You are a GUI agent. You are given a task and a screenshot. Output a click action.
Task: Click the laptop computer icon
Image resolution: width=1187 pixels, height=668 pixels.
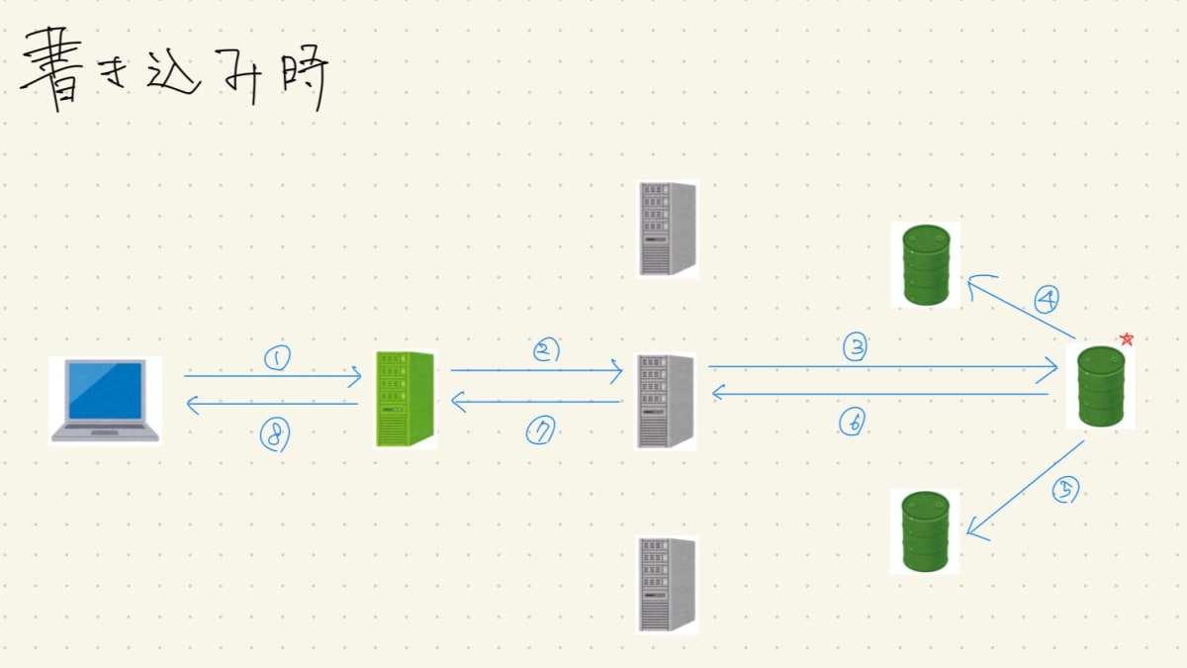(106, 400)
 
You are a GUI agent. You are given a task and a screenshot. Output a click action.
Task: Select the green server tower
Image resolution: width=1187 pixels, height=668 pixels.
(406, 399)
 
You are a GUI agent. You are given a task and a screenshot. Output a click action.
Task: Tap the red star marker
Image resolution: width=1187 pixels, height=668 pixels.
(1126, 339)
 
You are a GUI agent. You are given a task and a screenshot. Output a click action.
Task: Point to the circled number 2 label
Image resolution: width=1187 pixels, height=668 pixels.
(546, 350)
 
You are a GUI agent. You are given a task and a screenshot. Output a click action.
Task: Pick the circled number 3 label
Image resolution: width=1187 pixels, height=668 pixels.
(855, 347)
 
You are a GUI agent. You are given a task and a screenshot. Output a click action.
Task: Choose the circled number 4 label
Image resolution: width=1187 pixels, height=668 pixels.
(1047, 298)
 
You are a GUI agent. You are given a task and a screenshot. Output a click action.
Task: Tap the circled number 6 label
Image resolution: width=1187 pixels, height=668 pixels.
(852, 423)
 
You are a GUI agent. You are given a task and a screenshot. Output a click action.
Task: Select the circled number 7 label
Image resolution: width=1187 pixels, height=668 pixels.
(540, 430)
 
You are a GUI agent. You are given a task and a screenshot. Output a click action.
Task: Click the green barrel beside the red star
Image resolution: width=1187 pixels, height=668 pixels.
(1099, 386)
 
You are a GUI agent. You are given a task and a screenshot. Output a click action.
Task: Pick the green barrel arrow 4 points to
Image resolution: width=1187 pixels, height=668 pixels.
(926, 264)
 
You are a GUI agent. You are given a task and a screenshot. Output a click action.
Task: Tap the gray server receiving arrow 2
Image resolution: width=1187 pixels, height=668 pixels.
(667, 401)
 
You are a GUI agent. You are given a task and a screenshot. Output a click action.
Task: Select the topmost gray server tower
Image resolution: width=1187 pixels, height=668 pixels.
(668, 228)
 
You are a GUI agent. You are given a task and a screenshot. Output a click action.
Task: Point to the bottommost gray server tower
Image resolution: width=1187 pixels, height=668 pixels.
(668, 584)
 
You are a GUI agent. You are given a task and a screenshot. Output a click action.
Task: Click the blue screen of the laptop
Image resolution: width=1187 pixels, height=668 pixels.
(105, 390)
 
